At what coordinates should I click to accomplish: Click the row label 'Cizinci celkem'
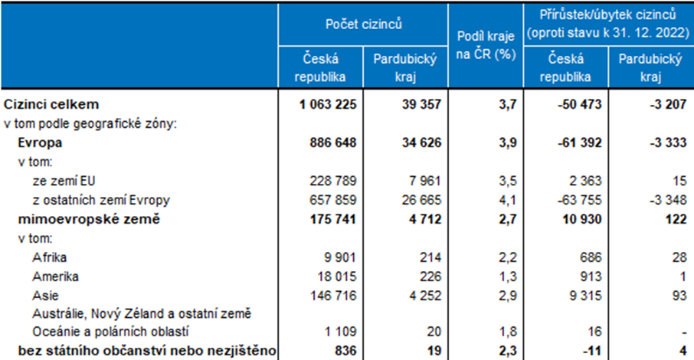(52, 104)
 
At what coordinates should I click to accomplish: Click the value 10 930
(578, 220)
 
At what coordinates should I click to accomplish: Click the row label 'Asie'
(44, 293)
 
